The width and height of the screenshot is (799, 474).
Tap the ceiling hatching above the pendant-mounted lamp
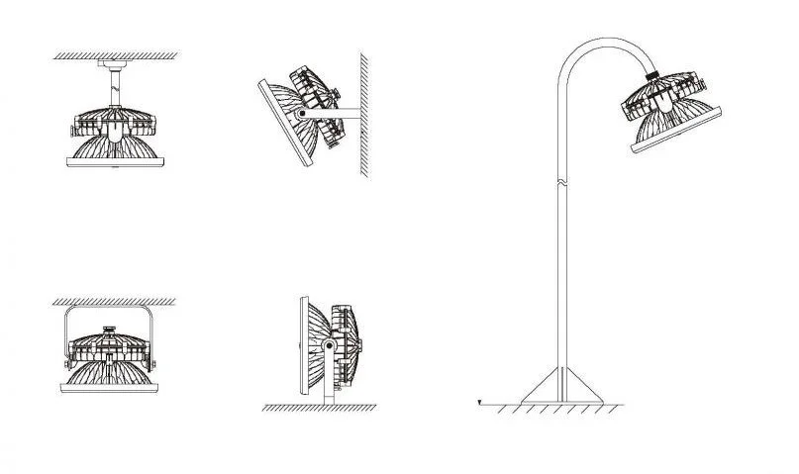(x=114, y=55)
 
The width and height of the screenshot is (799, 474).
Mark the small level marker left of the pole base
(x=478, y=402)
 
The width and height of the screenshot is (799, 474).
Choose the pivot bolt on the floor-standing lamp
(x=327, y=344)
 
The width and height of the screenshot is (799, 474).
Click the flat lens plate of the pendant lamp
(x=113, y=164)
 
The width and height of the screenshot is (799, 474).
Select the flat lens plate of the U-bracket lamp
(x=113, y=388)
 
